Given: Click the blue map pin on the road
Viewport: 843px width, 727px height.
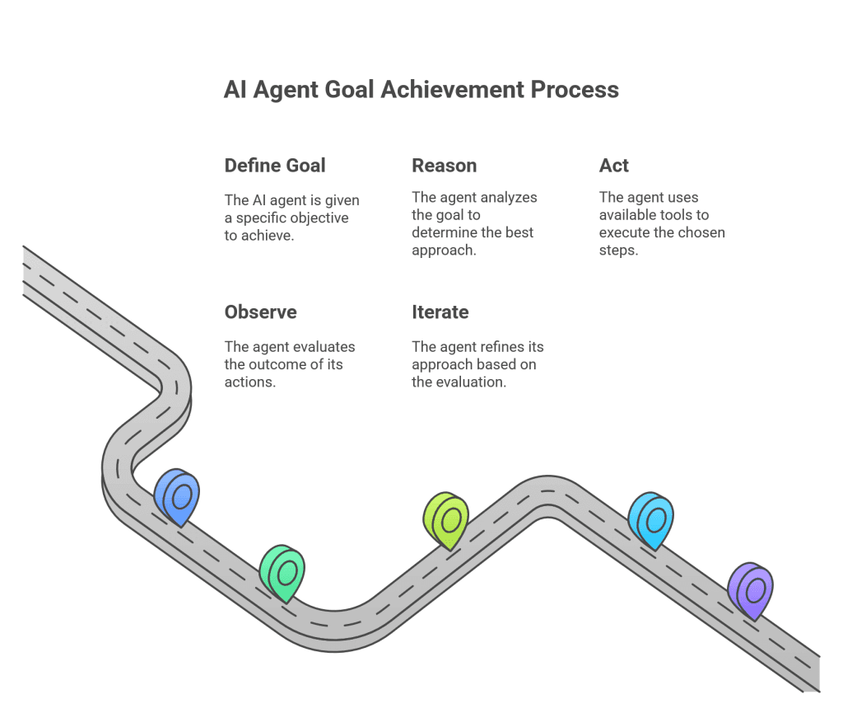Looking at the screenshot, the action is click(177, 496).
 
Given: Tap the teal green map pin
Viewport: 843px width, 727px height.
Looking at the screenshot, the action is click(282, 574).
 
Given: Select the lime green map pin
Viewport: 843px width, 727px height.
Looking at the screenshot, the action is click(445, 520).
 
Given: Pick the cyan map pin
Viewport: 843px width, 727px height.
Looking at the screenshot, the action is click(651, 520).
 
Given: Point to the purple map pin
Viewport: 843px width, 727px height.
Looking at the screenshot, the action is click(751, 591).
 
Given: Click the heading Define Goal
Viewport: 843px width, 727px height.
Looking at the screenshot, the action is click(275, 166).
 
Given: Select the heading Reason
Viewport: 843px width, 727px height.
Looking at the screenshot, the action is click(444, 166).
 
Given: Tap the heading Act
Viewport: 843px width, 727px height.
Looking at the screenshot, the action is click(613, 166).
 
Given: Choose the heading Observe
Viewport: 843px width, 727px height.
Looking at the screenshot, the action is click(261, 312).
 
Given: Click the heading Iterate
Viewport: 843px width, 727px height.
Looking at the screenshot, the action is click(440, 312).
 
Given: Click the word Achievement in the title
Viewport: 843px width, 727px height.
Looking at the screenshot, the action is click(452, 90).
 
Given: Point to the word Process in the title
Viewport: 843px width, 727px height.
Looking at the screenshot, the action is click(575, 90).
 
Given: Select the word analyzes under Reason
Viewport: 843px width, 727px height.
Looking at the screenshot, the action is click(509, 198).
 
